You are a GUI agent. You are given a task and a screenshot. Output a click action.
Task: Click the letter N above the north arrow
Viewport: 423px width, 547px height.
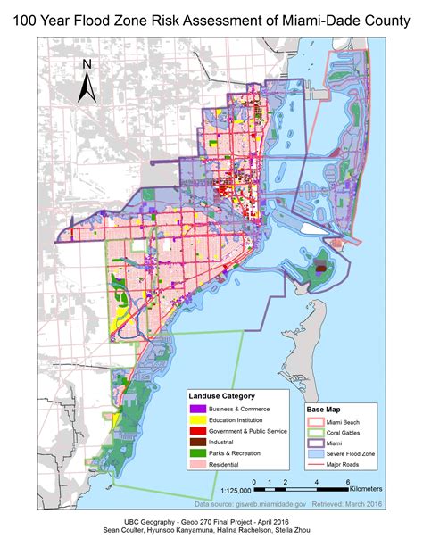87,64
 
